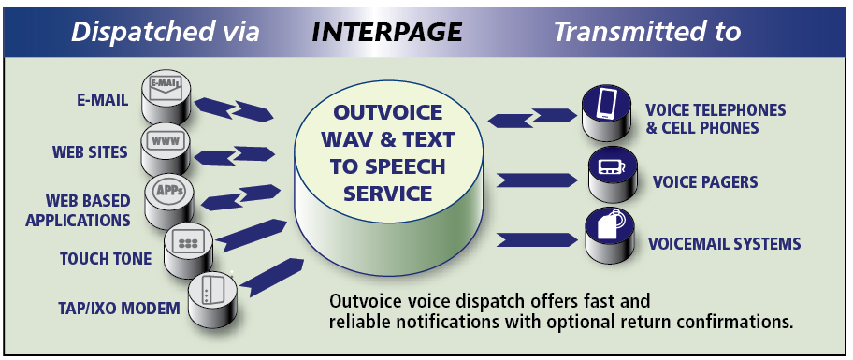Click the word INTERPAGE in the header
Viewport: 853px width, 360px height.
pyautogui.click(x=386, y=32)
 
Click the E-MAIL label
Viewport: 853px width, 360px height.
pyautogui.click(x=104, y=99)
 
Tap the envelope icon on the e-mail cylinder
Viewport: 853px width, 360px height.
pyautogui.click(x=166, y=88)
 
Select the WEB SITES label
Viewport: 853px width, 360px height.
pyautogui.click(x=90, y=151)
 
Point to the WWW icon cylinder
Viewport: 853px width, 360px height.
pyautogui.click(x=166, y=144)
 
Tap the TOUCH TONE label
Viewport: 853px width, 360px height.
pyautogui.click(x=105, y=259)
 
